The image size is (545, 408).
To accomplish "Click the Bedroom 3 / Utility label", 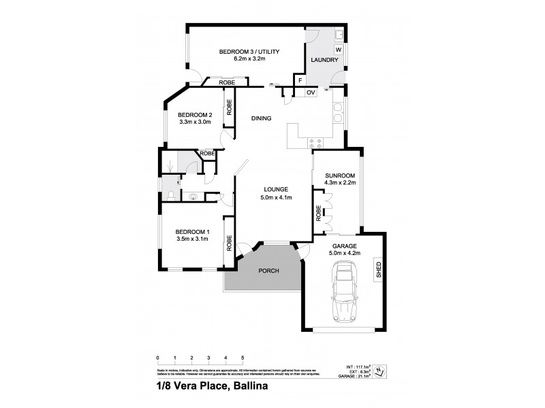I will tap(250, 52).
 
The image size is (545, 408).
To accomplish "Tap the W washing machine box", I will tap(338, 50).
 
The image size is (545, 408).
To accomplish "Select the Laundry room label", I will tap(324, 61).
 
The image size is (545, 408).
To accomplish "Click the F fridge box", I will tap(298, 80).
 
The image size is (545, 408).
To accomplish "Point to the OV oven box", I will tap(310, 92).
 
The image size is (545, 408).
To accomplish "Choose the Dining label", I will tap(261, 118).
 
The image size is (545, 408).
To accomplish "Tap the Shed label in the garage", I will tap(379, 271).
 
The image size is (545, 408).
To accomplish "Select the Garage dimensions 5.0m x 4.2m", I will tap(345, 253).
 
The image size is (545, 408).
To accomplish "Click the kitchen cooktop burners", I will tap(317, 143).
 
